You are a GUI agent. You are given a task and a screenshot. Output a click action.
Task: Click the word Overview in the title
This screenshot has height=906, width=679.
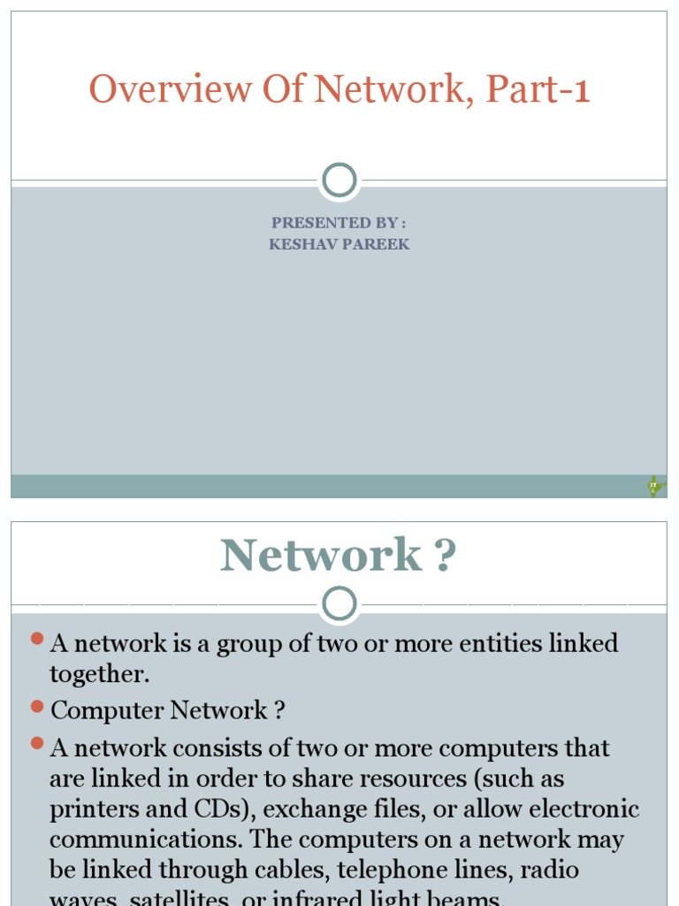point(151,90)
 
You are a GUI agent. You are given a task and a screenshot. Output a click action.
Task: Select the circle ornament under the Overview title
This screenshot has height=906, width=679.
point(339,180)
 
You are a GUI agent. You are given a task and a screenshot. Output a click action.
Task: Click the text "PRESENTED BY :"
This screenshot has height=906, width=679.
point(339,222)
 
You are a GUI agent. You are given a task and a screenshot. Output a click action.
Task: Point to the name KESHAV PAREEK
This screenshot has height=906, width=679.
point(339,244)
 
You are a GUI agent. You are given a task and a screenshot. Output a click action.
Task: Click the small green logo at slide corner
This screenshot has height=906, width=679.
point(654,486)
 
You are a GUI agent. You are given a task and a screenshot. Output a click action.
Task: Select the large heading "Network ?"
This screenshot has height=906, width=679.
point(339,557)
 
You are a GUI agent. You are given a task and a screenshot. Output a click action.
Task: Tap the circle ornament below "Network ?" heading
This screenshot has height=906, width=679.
point(339,605)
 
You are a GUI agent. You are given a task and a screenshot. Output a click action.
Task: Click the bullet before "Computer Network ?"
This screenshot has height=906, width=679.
point(37,707)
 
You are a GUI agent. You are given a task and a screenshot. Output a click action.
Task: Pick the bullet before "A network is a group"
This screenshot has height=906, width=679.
point(37,640)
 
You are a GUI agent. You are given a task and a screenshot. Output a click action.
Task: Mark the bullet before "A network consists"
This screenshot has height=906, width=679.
point(37,745)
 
